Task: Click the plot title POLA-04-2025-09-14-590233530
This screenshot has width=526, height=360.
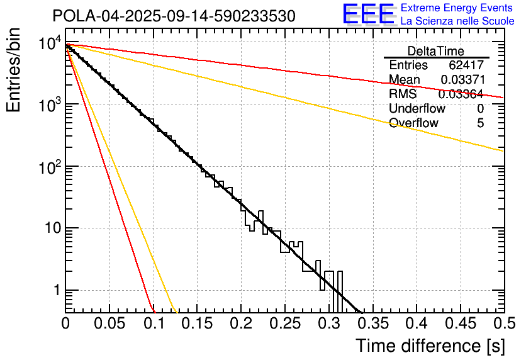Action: [x=174, y=16]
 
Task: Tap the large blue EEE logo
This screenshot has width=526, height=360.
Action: [x=368, y=14]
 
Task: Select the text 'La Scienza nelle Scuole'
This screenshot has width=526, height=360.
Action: [x=457, y=21]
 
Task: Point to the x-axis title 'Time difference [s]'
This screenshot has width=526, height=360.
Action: [x=430, y=346]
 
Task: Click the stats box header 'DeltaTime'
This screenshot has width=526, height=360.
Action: [x=435, y=51]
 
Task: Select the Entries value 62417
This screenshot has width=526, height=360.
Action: [x=466, y=65]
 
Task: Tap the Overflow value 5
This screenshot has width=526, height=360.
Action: [x=480, y=123]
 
